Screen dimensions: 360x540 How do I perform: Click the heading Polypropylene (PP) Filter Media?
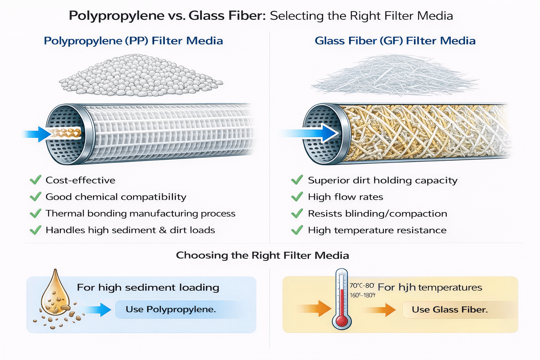click(133, 41)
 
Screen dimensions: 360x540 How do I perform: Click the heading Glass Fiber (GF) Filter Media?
click(395, 41)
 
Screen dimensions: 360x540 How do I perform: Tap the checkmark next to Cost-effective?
click(36, 180)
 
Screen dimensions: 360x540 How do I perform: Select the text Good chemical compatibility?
click(116, 197)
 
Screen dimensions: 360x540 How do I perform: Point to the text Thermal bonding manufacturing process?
click(140, 213)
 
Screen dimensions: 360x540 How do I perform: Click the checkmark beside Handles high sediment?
click(36, 230)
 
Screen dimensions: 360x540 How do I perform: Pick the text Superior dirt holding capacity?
click(382, 180)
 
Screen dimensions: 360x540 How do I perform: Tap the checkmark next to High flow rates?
click(297, 197)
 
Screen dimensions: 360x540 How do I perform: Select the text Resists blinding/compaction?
click(377, 213)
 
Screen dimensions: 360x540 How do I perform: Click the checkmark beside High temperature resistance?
click(297, 230)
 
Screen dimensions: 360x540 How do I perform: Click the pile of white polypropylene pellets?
click(141, 76)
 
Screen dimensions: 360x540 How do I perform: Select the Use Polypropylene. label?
click(171, 309)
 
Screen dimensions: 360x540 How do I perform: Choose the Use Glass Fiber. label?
click(450, 310)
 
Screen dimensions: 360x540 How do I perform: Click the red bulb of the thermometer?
click(341, 321)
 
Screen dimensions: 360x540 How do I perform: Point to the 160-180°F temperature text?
click(362, 295)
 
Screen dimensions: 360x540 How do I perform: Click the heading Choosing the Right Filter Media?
click(262, 255)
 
